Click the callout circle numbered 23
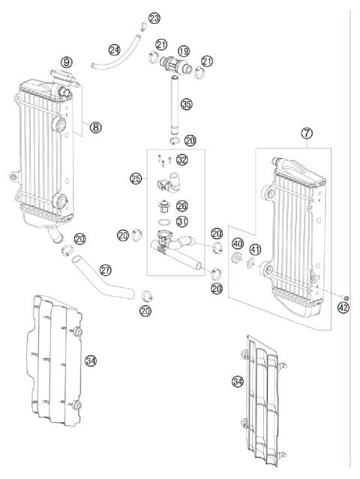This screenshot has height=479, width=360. point(154,17)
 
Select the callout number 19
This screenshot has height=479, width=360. point(184,50)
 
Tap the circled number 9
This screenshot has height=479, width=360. point(67,61)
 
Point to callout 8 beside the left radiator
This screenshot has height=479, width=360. point(95,127)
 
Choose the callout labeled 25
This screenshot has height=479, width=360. point(136,179)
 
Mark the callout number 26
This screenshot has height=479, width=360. point(181,205)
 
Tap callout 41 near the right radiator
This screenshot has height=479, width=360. point(256,250)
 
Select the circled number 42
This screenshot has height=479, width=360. point(343,307)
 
